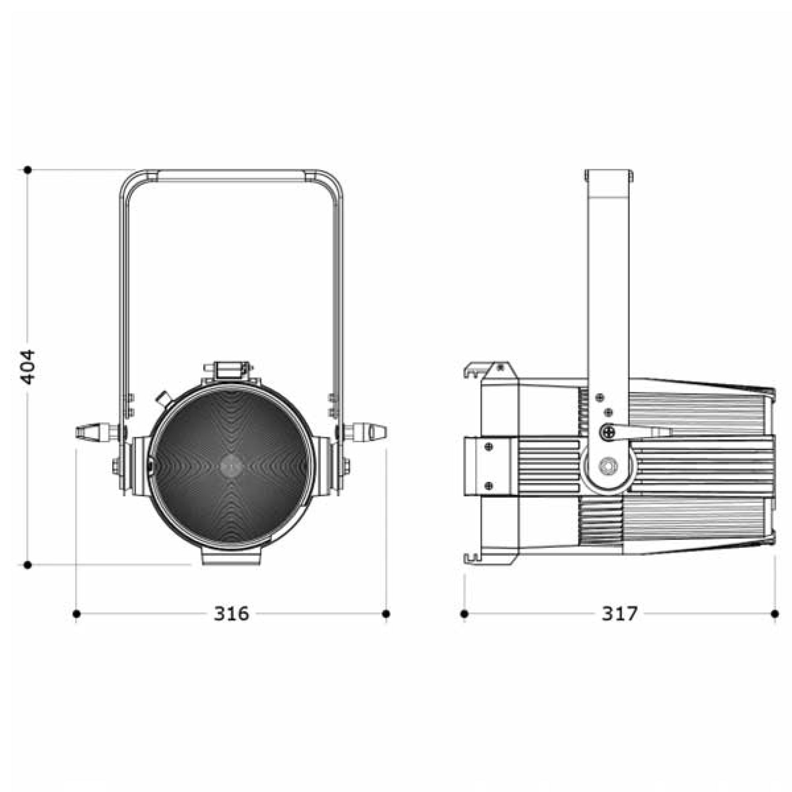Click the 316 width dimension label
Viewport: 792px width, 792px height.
pyautogui.click(x=231, y=614)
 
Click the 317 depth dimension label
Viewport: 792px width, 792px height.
pyautogui.click(x=620, y=614)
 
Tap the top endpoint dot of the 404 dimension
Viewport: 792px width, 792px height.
pyautogui.click(x=28, y=170)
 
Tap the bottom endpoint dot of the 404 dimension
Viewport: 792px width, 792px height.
pyautogui.click(x=28, y=565)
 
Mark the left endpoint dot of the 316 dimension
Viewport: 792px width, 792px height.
pyautogui.click(x=76, y=614)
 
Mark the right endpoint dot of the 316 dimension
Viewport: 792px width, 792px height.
pyautogui.click(x=386, y=614)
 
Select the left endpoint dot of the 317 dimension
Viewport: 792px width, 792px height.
pyautogui.click(x=464, y=614)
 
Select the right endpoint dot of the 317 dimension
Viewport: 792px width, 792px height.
pyautogui.click(x=775, y=614)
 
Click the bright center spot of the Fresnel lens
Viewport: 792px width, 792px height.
pyautogui.click(x=231, y=466)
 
